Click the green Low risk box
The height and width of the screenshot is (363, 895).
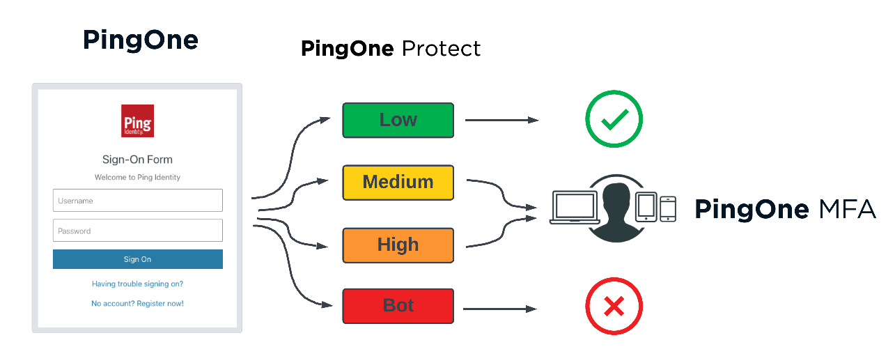coord(398,120)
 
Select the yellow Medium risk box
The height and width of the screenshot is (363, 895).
coord(398,183)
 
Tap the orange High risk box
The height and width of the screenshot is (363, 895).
coord(398,245)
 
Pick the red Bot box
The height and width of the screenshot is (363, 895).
coord(398,306)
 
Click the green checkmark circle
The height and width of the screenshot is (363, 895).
coord(614,119)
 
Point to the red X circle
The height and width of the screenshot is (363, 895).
coord(614,307)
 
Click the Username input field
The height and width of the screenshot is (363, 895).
coord(137,201)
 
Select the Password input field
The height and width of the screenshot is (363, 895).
coord(137,231)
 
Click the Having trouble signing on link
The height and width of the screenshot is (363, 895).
coord(137,284)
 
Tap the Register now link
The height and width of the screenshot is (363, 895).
coord(160,304)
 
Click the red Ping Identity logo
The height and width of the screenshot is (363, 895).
coord(137,121)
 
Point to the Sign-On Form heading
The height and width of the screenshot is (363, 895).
coord(137,160)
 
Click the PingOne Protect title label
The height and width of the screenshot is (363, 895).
coord(391,48)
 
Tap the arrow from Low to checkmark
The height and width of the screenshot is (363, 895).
coord(501,120)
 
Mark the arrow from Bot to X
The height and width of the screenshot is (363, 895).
coord(499,308)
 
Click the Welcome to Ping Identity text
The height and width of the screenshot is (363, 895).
coord(137,178)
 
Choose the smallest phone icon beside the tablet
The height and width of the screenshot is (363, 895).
coord(668,208)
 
